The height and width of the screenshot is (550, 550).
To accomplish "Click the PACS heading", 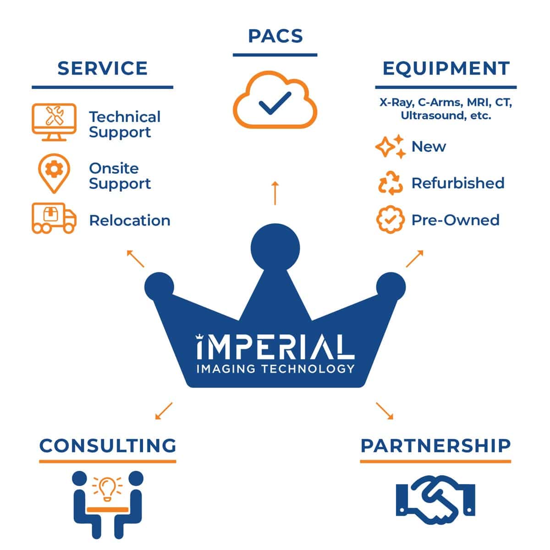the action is (275, 36).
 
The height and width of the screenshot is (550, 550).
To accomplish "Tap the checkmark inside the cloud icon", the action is (275, 103).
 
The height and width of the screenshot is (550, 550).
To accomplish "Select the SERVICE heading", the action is (103, 68).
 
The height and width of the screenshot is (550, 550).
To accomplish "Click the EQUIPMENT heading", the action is (446, 68).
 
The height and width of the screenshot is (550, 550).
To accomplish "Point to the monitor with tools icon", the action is (54, 122).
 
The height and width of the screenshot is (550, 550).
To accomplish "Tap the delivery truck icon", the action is (54, 218).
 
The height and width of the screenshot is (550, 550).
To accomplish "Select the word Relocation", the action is (130, 220).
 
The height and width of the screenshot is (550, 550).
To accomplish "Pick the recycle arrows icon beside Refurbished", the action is (390, 183).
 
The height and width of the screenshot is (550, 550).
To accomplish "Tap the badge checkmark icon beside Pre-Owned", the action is (390, 220).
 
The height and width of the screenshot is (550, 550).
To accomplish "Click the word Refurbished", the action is (458, 183).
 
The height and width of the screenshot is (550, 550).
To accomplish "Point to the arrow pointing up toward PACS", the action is (275, 193).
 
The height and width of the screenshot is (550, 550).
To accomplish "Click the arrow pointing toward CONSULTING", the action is (164, 411).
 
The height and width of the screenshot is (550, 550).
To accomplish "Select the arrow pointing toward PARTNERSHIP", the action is (385, 411).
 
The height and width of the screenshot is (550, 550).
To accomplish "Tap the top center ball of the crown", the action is (275, 248).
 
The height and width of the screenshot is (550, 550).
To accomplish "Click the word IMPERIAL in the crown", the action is (275, 346).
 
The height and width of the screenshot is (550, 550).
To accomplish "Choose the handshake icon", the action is (435, 504).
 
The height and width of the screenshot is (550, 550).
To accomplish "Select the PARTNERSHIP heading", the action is (435, 446).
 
